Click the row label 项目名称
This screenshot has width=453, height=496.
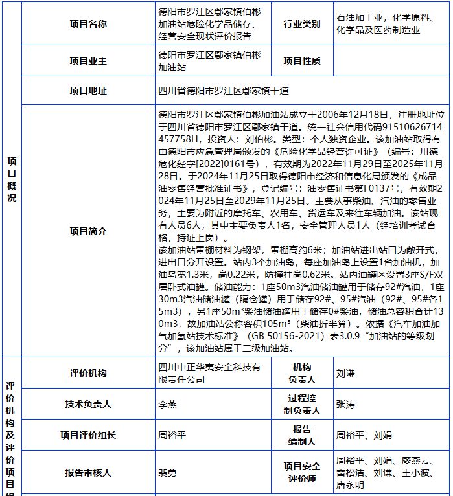[88, 24]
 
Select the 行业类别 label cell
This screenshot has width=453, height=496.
[301, 24]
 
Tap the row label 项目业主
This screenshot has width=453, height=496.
[88, 61]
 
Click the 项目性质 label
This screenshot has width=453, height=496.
[301, 61]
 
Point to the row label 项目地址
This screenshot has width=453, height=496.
[88, 91]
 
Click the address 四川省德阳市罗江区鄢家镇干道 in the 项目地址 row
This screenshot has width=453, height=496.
[224, 91]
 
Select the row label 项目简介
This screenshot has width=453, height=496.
[88, 231]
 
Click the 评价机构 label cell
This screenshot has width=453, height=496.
[88, 373]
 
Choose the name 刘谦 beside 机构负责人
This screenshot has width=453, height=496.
[346, 373]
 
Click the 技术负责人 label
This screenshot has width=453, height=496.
[88, 404]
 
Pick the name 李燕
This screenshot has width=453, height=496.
[167, 404]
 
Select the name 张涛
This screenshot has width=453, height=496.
[345, 404]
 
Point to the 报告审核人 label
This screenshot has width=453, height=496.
[88, 473]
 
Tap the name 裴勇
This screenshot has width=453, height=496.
[167, 473]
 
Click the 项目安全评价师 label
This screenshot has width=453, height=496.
[301, 473]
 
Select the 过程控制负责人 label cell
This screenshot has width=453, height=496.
[301, 404]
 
